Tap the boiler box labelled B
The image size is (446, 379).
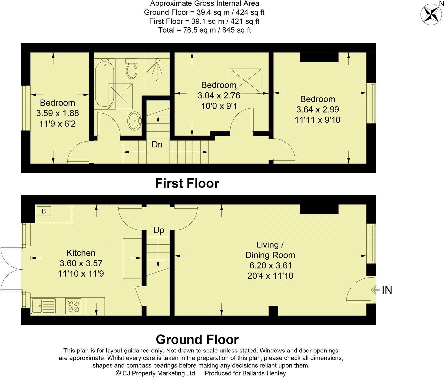(44, 211)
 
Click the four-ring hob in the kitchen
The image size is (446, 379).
(73, 306)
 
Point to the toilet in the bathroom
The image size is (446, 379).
(132, 68)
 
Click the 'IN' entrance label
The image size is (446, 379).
(387, 290)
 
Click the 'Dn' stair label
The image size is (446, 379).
(157, 145)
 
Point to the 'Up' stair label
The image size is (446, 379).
(159, 230)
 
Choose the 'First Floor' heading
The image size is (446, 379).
(187, 183)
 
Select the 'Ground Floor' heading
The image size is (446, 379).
(197, 340)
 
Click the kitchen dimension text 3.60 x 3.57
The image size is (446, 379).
(81, 264)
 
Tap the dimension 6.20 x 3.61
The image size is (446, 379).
(270, 265)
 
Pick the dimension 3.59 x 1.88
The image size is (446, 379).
(57, 113)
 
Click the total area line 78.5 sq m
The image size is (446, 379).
(204, 30)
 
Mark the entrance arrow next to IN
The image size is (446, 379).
(375, 290)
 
